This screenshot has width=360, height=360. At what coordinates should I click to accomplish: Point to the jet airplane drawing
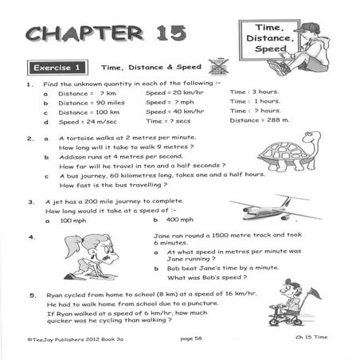(276, 209)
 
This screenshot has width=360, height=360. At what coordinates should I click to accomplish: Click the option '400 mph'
(181, 219)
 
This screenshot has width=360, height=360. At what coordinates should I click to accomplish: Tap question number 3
(31, 202)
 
